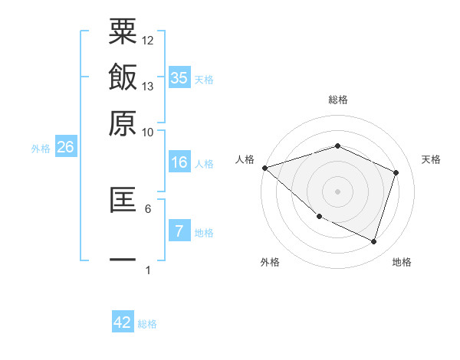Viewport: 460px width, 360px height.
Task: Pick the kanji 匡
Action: tap(123, 198)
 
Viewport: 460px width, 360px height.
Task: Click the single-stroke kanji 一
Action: tap(123, 259)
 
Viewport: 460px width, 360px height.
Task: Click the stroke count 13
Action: tap(148, 87)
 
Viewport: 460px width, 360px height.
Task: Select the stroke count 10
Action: tap(148, 132)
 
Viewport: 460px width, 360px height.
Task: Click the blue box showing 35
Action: tap(179, 78)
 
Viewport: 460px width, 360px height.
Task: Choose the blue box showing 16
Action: tap(179, 162)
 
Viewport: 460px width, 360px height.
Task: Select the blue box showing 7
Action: tap(179, 231)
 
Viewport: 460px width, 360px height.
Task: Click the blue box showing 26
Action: tap(65, 148)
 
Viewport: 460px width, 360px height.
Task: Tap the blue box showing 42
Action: tap(123, 322)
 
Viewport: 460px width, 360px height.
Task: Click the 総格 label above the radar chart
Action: tap(337, 100)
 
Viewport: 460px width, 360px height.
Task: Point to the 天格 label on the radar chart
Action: tap(431, 159)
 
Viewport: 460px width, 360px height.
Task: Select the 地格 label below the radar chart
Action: tap(402, 262)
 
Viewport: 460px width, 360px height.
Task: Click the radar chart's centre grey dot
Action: tap(337, 191)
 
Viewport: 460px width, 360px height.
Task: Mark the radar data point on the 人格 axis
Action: tap(264, 168)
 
